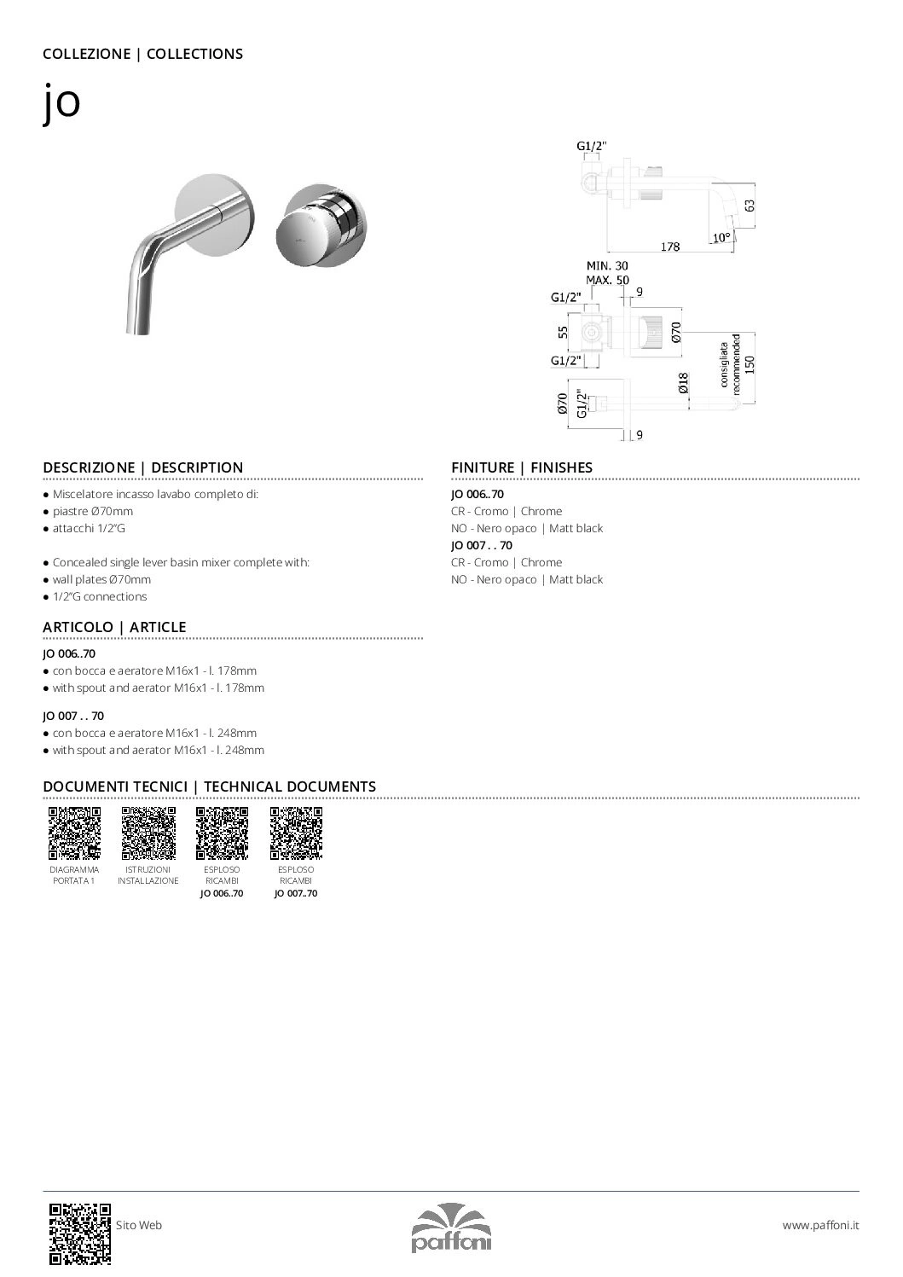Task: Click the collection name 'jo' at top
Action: (61, 102)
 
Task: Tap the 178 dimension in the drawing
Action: (670, 247)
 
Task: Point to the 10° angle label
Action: (721, 238)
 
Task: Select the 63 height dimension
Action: (750, 206)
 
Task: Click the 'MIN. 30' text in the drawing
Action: (606, 266)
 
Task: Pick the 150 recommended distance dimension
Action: (750, 364)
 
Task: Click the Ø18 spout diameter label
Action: (684, 383)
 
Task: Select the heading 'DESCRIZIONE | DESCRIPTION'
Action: (142, 467)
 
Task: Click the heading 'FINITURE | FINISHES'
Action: (521, 467)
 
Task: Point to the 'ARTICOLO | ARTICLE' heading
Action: (114, 627)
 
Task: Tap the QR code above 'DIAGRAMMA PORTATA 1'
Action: (74, 833)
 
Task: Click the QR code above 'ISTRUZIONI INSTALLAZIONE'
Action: (148, 833)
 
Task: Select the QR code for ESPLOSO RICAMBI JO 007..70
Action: (296, 833)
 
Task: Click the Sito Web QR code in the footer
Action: (80, 1233)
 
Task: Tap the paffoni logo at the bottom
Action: (451, 1228)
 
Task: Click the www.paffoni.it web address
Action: (820, 1225)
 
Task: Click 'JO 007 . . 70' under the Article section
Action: (73, 716)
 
